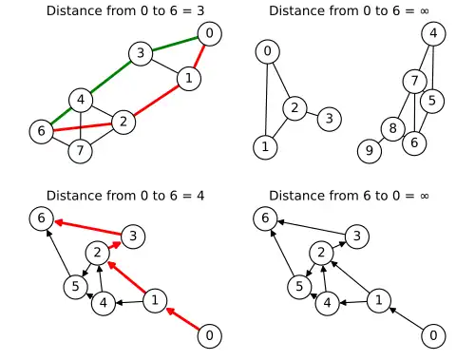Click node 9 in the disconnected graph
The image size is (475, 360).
(370, 151)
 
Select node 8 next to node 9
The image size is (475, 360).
(393, 129)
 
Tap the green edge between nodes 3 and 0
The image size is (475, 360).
(175, 44)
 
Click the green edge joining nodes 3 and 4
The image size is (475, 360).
(110, 77)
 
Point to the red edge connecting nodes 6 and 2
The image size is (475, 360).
(83, 126)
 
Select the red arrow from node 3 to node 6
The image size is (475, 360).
(88, 228)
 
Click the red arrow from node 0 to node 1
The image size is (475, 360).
(182, 319)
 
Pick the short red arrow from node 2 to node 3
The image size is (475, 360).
(115, 245)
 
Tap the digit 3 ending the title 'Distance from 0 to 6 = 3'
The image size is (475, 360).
(200, 10)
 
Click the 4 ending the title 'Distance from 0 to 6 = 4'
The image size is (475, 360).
(200, 196)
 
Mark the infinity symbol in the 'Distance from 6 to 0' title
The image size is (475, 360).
(425, 196)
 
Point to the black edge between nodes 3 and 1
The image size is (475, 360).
(164, 66)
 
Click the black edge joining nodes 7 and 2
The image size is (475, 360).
(102, 137)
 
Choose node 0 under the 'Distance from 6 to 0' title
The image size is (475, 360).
(433, 335)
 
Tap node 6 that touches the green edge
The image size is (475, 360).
(41, 131)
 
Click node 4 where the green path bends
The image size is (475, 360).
(81, 101)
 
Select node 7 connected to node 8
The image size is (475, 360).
(415, 82)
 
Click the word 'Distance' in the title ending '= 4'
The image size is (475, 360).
(66, 196)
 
